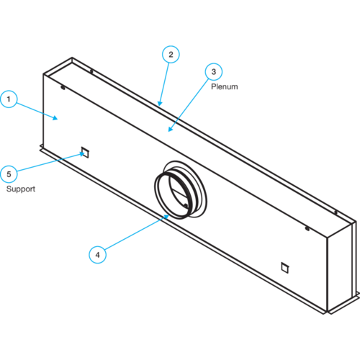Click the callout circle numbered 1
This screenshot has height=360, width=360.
pos(9,99)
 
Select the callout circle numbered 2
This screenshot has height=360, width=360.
pos(171,54)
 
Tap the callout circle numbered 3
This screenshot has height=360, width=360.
pos(214,71)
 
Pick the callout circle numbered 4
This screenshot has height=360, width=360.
pos(97,255)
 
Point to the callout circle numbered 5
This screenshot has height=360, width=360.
pos(9,174)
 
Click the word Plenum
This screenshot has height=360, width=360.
pos(225,86)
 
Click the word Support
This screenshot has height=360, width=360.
pos(21,189)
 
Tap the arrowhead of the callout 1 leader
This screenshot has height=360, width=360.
pos(55,117)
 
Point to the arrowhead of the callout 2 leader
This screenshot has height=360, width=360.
pos(160,104)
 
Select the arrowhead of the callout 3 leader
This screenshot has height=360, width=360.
pos(170,130)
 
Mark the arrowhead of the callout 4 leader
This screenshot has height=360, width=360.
pos(167,217)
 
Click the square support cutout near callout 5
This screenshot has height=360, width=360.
pos(85,153)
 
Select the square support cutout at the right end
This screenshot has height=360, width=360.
pos(285,268)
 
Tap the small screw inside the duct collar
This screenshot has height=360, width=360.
pos(186,206)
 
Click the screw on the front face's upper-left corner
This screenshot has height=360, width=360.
pos(63,88)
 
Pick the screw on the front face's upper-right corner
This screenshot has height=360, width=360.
pos(307,228)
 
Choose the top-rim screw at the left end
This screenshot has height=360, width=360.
pos(91,71)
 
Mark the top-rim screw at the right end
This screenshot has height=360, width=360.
pos(336,212)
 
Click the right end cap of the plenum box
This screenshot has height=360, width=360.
pos(341,268)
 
